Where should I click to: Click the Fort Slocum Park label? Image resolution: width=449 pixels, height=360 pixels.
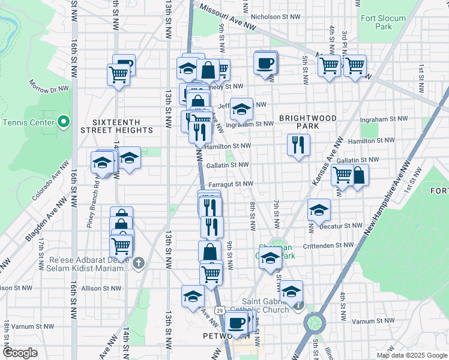coord(384,22)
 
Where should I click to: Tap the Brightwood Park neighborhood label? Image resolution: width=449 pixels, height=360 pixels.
coord(307,122)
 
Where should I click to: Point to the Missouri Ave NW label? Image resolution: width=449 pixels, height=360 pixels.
coord(228,18)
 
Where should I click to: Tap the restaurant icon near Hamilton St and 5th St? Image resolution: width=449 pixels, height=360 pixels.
coord(298,145)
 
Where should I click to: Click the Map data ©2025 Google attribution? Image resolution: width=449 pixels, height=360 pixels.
coord(412,355)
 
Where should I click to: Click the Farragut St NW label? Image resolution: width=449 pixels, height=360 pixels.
coord(231,184)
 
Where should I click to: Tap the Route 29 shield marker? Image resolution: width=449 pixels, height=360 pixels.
coord(221,310)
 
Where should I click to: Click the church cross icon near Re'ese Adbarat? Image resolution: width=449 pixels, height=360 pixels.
coord(138,263)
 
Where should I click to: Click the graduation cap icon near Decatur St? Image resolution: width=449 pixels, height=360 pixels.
coord(319,210)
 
